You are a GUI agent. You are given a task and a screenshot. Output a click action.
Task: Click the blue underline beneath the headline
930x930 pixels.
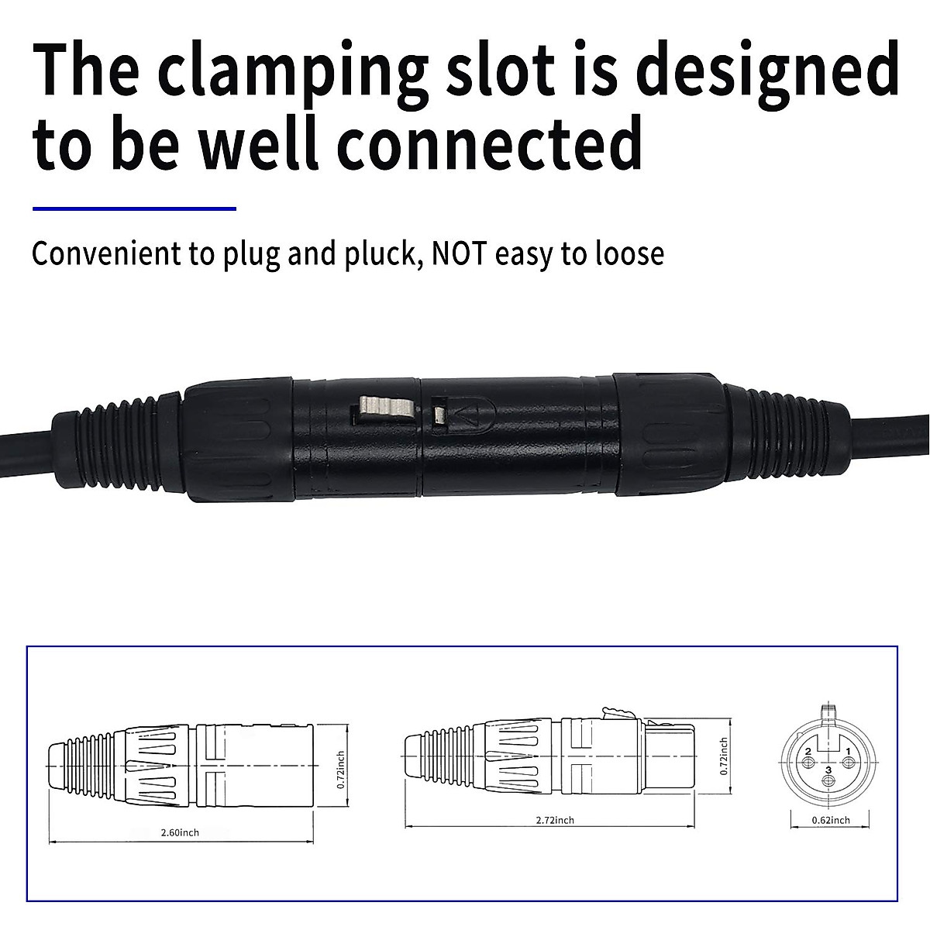click(134, 208)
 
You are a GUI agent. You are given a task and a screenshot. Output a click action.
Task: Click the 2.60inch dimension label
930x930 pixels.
click(180, 832)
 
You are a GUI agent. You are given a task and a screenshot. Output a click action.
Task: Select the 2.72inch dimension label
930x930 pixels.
click(555, 820)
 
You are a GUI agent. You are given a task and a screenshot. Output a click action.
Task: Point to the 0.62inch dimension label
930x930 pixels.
click(830, 820)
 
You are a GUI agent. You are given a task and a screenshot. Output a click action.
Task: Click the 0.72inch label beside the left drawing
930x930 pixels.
click(341, 769)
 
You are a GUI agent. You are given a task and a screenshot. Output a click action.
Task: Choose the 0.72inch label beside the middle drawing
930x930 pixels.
click(724, 756)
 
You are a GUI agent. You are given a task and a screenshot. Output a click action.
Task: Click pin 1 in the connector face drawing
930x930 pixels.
click(848, 753)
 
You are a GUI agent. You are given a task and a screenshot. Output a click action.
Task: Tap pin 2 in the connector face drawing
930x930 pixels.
click(808, 753)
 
